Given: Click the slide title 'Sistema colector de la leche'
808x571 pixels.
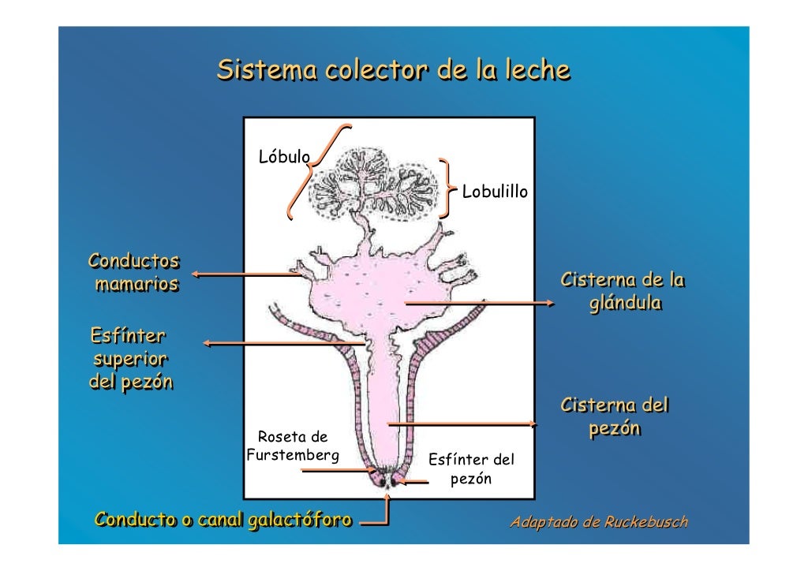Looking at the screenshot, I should click(x=393, y=70).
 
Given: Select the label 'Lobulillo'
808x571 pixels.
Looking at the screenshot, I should click(x=495, y=192).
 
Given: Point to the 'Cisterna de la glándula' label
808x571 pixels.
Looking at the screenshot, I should click(x=623, y=292).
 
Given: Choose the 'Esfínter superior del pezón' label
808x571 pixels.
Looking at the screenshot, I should click(x=129, y=359).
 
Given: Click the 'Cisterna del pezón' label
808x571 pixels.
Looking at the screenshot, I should click(x=614, y=417).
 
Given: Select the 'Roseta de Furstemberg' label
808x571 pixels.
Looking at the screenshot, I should click(x=293, y=446).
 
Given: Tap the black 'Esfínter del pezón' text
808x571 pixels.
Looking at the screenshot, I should click(x=470, y=468).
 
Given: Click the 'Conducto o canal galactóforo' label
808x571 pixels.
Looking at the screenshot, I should click(x=223, y=519).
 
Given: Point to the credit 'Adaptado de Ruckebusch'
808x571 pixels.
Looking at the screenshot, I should click(x=599, y=522).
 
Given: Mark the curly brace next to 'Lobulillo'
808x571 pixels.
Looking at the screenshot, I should click(x=448, y=187).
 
